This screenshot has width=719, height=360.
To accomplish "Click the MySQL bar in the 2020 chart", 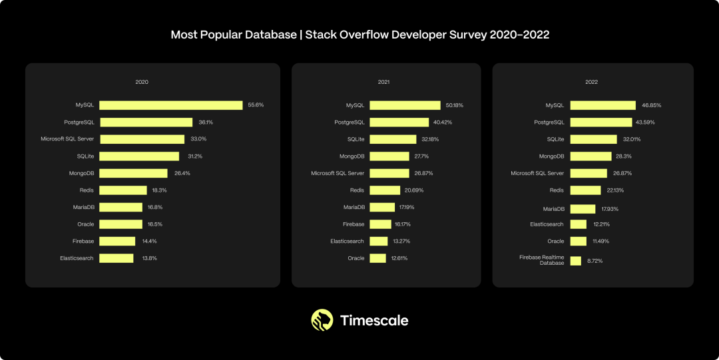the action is point(171,105).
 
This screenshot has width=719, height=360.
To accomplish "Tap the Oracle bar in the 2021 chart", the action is point(378,258).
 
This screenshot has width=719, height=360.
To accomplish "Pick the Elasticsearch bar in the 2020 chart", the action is point(117,258).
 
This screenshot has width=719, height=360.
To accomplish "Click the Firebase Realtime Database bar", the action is point(576,260).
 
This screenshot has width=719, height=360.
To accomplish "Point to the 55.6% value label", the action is point(256,105).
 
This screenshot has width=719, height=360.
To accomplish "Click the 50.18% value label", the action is point(455,105).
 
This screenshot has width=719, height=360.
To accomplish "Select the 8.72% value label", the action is point(595,261).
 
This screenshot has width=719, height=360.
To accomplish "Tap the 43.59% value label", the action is point(645,122).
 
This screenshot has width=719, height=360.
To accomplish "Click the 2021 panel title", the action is point(384,82).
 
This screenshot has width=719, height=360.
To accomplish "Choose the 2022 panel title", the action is point(592,82).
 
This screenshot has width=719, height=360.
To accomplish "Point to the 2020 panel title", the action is point(142,82).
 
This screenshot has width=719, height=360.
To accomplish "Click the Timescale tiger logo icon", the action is point(322,320).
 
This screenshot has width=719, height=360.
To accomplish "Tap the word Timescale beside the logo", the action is point(374,320).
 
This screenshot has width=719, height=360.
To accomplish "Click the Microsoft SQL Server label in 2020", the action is point(67,139).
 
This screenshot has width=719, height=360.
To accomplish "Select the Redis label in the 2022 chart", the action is point(557,190).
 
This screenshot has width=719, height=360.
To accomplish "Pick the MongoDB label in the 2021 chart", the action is point(352,156).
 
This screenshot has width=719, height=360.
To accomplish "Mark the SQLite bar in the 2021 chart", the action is point(393,139).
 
